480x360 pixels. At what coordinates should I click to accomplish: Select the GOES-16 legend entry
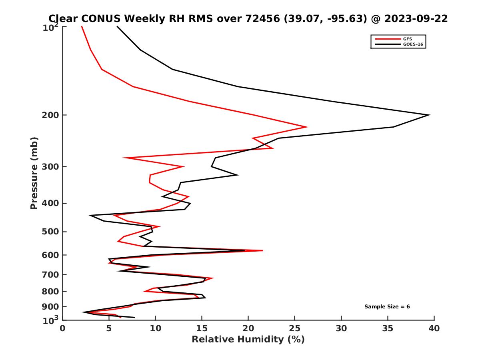[x=412, y=44]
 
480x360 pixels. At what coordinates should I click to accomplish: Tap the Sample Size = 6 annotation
[x=387, y=307]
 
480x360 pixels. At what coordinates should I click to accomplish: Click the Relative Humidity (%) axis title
[x=248, y=340]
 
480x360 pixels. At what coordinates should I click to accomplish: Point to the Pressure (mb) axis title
[x=34, y=173]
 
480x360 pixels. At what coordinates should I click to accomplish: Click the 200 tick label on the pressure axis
[x=51, y=115]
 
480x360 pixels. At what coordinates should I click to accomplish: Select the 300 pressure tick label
[x=51, y=166]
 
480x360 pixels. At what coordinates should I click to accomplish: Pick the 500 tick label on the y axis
[x=51, y=232]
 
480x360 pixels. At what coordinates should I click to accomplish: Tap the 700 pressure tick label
[x=51, y=274]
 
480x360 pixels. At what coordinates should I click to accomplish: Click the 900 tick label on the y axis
[x=51, y=307]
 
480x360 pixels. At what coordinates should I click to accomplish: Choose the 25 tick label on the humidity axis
[x=295, y=329]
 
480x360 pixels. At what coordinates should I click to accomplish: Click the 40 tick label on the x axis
[x=434, y=329]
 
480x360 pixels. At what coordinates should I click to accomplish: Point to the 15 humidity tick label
[x=202, y=329]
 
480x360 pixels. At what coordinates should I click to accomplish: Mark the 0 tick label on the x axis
[x=63, y=329]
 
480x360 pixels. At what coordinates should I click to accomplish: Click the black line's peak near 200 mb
[x=429, y=115]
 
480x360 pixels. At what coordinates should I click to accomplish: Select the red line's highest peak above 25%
[x=307, y=127]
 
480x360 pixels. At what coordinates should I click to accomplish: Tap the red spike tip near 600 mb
[x=263, y=250]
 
